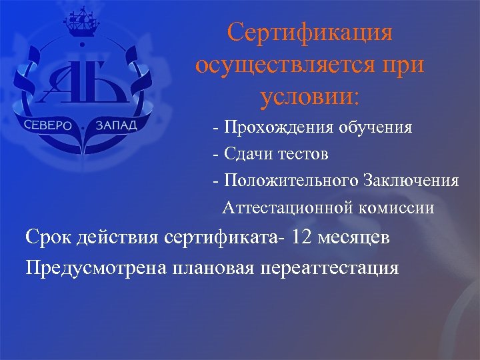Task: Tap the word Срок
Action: (47, 238)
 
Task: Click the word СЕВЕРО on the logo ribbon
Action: (49, 127)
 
